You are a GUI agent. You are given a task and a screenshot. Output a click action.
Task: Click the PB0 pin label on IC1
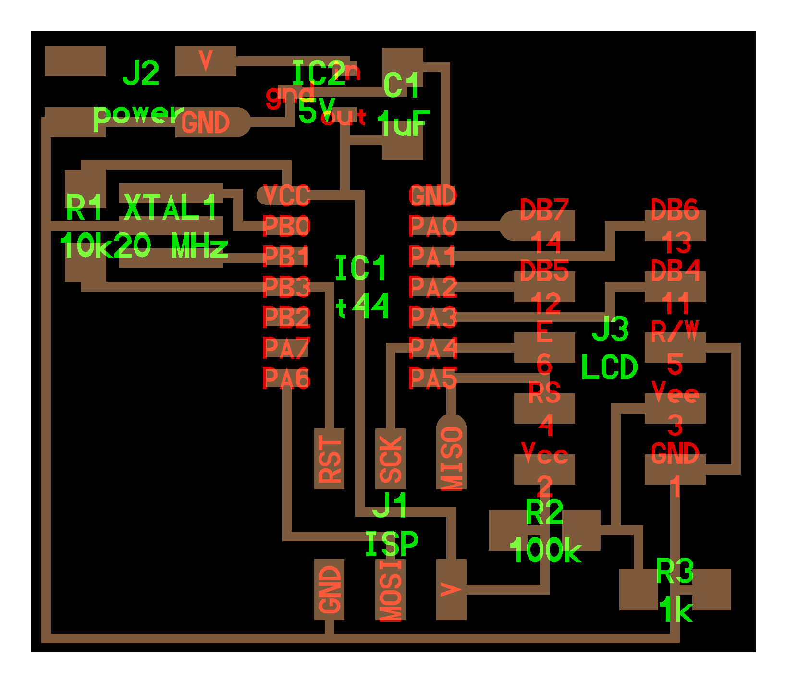(x=286, y=226)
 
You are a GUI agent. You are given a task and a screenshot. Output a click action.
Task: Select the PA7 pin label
(x=286, y=348)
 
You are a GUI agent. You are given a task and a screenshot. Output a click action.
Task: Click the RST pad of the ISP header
(x=329, y=459)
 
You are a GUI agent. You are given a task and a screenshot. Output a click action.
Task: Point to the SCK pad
(x=390, y=459)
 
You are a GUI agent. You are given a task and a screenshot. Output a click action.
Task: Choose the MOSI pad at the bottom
(x=390, y=590)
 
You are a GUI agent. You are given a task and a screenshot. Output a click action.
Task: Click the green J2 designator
(x=140, y=73)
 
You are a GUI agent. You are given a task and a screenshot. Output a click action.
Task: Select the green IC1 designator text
(x=360, y=268)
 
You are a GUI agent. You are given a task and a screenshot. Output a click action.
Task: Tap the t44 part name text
(x=362, y=306)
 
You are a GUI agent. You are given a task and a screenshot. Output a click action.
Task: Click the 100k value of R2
(x=545, y=550)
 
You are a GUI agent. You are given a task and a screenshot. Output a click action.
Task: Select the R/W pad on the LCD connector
(x=675, y=347)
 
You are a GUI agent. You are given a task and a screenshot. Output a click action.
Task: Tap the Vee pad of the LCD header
(x=675, y=408)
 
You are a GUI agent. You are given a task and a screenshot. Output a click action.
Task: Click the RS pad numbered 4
(x=544, y=408)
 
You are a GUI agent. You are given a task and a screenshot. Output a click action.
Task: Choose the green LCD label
(x=609, y=367)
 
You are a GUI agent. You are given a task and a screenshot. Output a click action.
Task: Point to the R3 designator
(x=675, y=572)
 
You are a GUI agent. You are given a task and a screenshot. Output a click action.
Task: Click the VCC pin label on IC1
(x=286, y=195)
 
